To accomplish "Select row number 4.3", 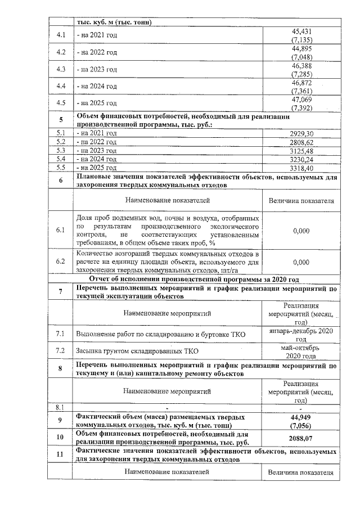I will point(61,69).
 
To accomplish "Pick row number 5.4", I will point(61,159).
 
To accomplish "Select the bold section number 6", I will point(61,180).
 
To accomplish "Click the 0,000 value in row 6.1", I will point(301,231).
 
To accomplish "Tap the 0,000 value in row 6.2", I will point(301,262).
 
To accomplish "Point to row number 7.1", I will point(61,335).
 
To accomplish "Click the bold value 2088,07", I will point(301,438).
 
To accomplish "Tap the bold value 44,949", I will point(301,417).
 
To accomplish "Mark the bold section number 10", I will point(61,438).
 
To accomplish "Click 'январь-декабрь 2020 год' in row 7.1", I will point(301,335).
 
